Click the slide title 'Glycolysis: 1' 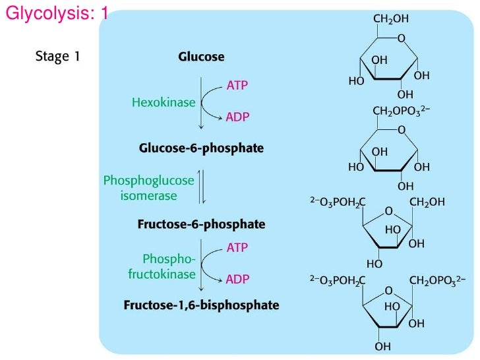(x=55, y=13)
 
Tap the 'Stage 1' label (x=57, y=56)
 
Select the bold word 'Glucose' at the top (x=201, y=57)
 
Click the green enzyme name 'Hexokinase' (x=164, y=103)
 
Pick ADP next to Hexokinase (x=237, y=118)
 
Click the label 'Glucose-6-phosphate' (x=201, y=149)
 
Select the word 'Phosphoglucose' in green (x=149, y=181)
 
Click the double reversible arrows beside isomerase (x=202, y=187)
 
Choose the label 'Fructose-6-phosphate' (x=201, y=224)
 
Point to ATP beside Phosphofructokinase (x=237, y=249)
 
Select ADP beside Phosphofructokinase (x=237, y=280)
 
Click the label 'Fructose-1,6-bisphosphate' (x=201, y=305)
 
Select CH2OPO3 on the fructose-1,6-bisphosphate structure (x=438, y=281)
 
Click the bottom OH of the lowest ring (x=382, y=346)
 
